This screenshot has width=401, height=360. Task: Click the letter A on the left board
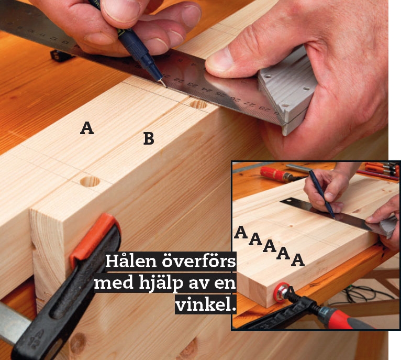pos(87,128)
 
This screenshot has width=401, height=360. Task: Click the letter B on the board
pos(149,138)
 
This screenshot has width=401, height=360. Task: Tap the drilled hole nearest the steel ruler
pos(198,104)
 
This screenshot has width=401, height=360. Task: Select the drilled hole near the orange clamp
pos(90,181)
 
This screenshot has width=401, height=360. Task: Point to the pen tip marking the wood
pos(166,86)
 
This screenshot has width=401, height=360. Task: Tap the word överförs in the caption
pos(199,261)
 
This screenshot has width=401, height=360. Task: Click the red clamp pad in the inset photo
pos(281,292)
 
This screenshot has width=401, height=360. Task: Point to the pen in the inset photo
pos(322,194)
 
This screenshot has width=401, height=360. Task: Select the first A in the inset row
pos(241,232)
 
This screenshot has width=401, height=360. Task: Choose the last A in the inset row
pos(298,260)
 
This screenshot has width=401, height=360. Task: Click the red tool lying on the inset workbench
pos(276,174)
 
